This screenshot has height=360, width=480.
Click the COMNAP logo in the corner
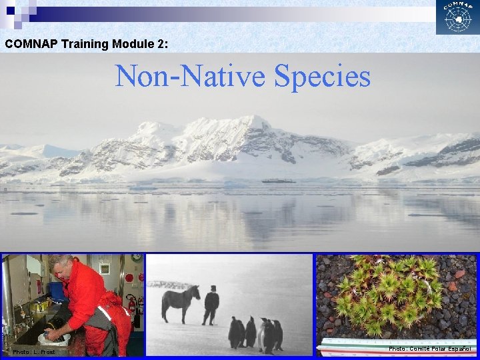pyautogui.click(x=457, y=18)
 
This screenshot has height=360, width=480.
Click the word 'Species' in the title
pyautogui.click(x=322, y=77)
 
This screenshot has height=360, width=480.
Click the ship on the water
pyautogui.click(x=279, y=180)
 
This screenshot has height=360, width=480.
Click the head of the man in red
pyautogui.click(x=61, y=265)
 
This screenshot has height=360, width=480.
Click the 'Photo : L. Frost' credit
pyautogui.click(x=33, y=352)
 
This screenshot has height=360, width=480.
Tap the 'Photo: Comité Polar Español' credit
pyautogui.click(x=431, y=348)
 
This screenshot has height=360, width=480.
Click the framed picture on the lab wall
pyautogui.click(x=105, y=269)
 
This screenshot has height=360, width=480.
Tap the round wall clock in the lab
pyautogui.click(x=136, y=257)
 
